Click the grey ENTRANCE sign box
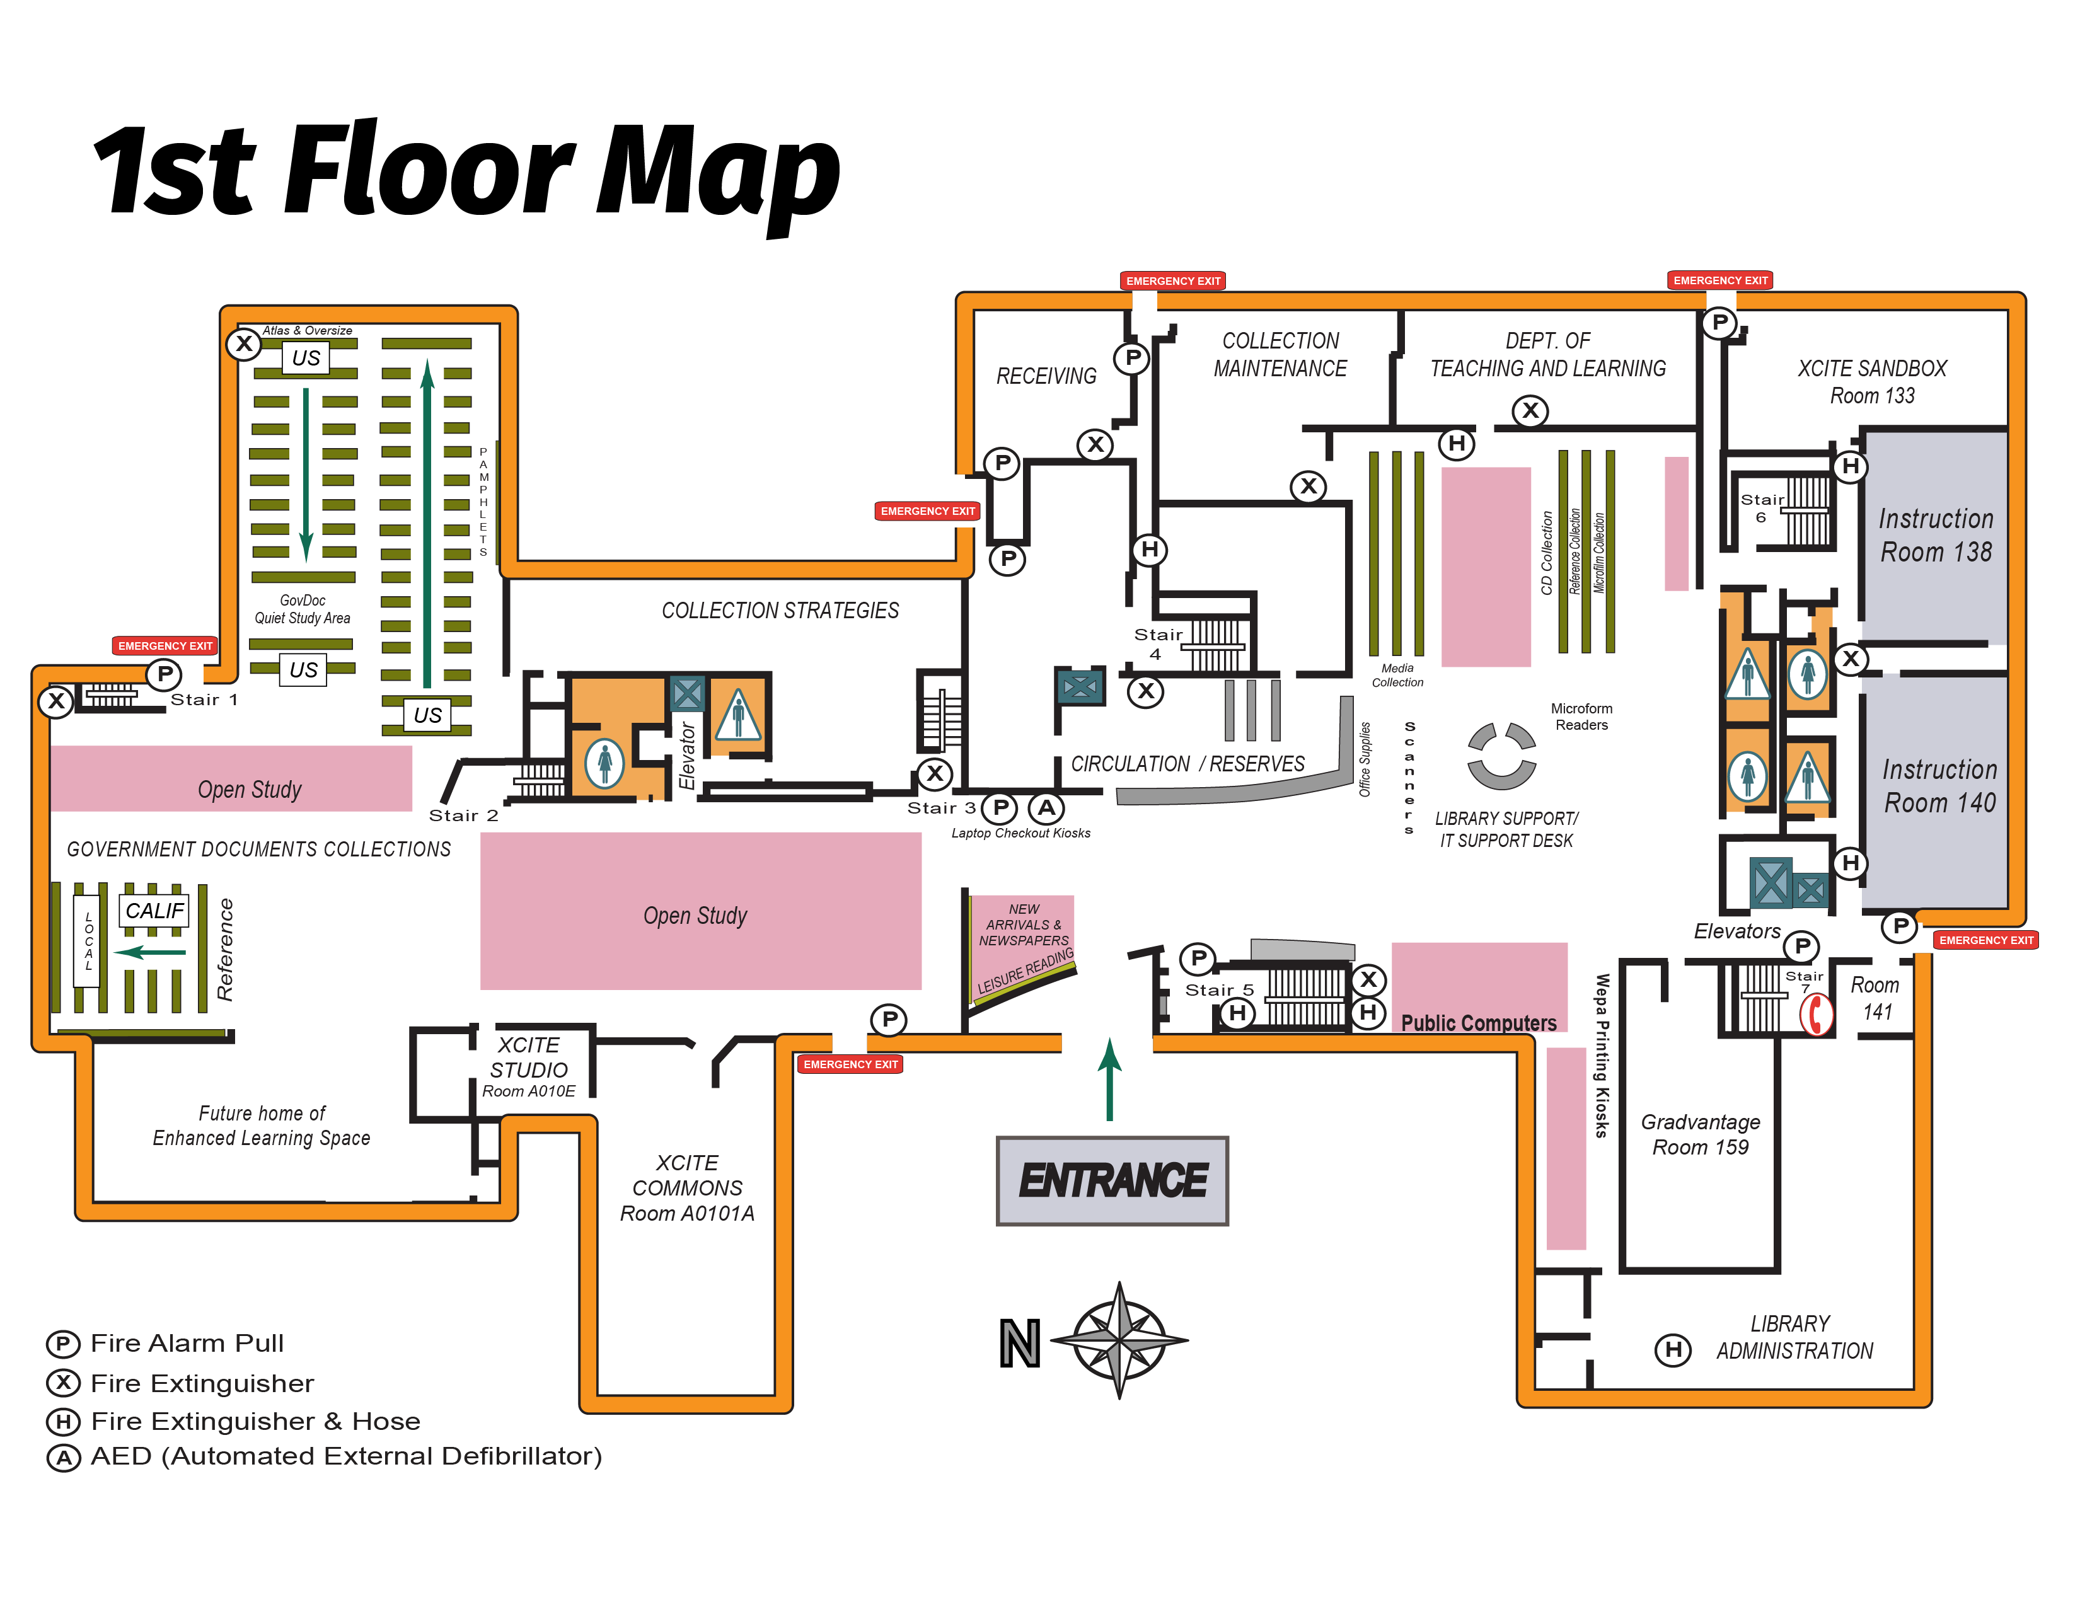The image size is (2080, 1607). tap(1111, 1180)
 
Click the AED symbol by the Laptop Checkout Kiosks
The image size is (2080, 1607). tap(1046, 809)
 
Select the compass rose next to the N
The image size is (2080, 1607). tap(1119, 1340)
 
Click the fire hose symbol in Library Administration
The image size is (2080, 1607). tap(1672, 1349)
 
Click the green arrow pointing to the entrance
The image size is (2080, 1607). tap(1109, 1079)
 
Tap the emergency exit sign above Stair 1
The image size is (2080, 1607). tap(165, 645)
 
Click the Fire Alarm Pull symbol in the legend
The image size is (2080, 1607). tap(63, 1344)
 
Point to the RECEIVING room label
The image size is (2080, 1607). tap(1046, 376)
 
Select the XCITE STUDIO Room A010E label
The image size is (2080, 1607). tap(529, 1067)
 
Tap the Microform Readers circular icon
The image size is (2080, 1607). tap(1501, 756)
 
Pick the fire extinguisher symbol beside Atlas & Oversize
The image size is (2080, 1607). tap(244, 343)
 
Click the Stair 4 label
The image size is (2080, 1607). tap(1158, 643)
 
